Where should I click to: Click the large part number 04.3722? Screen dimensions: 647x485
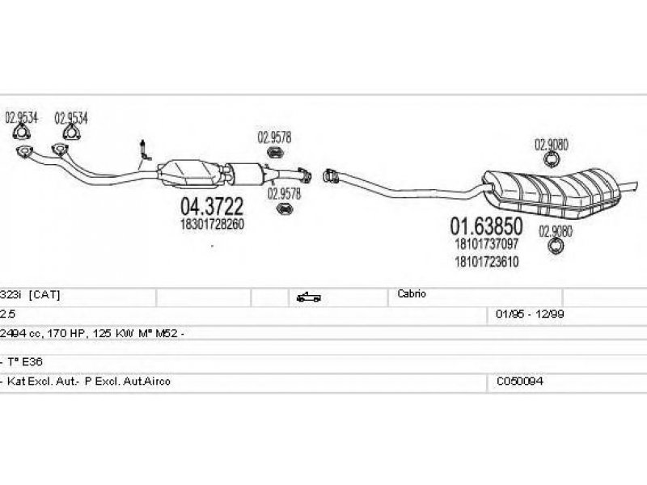point(212,206)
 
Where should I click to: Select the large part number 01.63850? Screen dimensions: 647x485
point(486,226)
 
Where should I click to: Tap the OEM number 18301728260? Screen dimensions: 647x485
point(212,224)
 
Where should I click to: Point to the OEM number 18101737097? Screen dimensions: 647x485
point(487,243)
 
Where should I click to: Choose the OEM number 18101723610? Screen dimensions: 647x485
point(487,261)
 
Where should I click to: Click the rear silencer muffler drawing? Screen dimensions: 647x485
point(553,192)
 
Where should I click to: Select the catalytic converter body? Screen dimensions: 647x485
point(192,173)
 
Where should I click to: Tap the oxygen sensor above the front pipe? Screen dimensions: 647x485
point(145,150)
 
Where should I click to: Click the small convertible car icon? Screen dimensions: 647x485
point(308,297)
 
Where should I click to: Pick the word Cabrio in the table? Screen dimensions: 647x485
point(412,293)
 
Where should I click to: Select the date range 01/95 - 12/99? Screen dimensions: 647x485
point(530,314)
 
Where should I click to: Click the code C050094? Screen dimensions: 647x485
point(519,381)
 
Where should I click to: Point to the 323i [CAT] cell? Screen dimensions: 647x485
point(30,295)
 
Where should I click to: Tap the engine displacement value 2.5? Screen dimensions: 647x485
point(7,314)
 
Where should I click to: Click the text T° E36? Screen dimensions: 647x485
point(25,361)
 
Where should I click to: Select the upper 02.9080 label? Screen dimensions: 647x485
point(552,145)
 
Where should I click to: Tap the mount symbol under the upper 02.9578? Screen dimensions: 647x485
point(274,152)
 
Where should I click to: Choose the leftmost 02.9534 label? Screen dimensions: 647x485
point(22,118)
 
